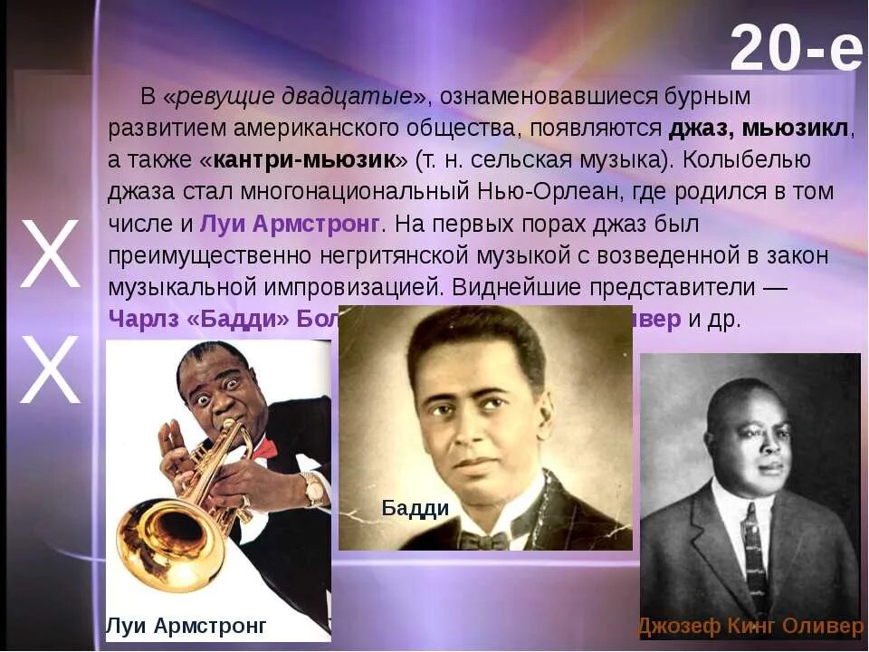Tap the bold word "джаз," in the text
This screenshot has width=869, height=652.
pyautogui.click(x=702, y=128)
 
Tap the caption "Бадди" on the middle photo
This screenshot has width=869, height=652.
pyautogui.click(x=415, y=508)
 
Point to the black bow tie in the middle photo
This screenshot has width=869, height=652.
pyautogui.click(x=483, y=541)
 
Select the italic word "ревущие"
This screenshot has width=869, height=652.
pyautogui.click(x=217, y=96)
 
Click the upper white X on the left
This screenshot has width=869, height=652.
pyautogui.click(x=51, y=256)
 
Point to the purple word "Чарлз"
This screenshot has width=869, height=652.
pyautogui.click(x=143, y=320)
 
